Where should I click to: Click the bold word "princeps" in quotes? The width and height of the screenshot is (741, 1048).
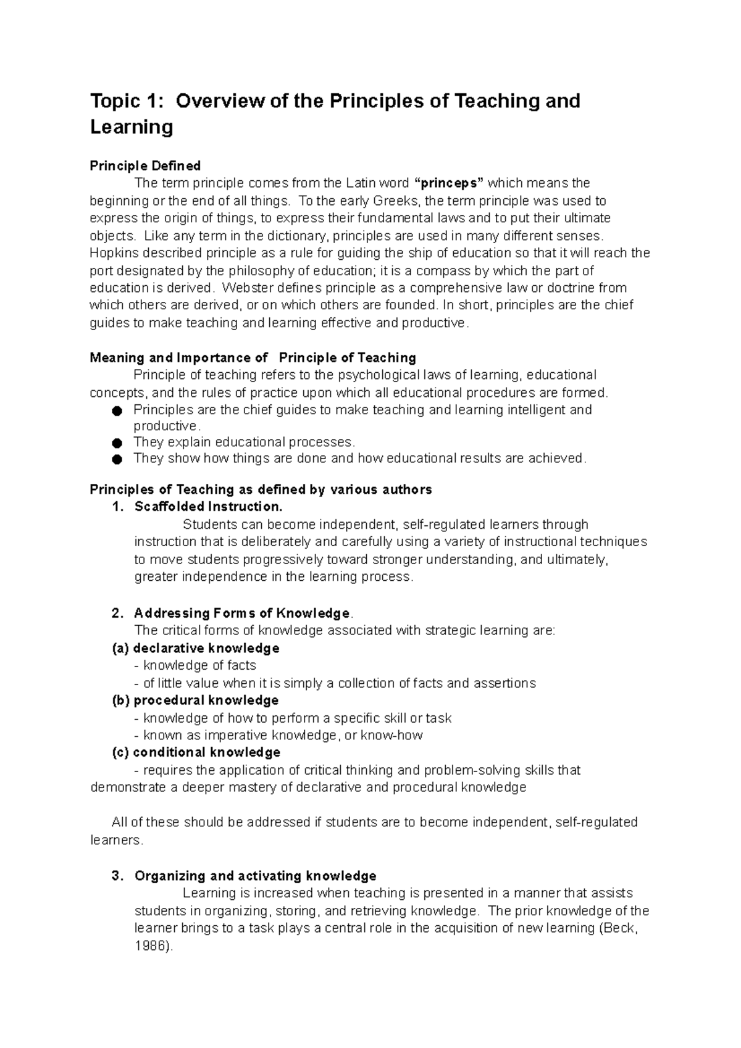[451, 183]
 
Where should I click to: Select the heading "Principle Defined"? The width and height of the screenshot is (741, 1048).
[145, 165]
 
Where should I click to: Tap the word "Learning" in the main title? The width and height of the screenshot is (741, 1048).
[132, 128]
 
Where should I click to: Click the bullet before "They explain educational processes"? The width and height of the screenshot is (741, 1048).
[117, 443]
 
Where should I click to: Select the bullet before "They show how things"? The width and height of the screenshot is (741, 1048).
[117, 459]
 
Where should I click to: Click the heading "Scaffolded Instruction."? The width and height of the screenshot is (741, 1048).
[208, 507]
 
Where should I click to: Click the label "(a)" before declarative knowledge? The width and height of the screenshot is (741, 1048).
[121, 649]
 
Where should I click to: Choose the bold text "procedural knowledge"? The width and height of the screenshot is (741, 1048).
[206, 701]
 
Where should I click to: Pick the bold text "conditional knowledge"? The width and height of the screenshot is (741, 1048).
[206, 752]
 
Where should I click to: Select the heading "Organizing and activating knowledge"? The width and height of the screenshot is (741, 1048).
[255, 876]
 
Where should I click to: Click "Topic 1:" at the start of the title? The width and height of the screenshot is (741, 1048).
[128, 101]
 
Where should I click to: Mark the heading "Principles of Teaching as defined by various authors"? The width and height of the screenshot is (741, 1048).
[261, 489]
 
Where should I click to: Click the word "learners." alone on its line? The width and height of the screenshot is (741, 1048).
[117, 840]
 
